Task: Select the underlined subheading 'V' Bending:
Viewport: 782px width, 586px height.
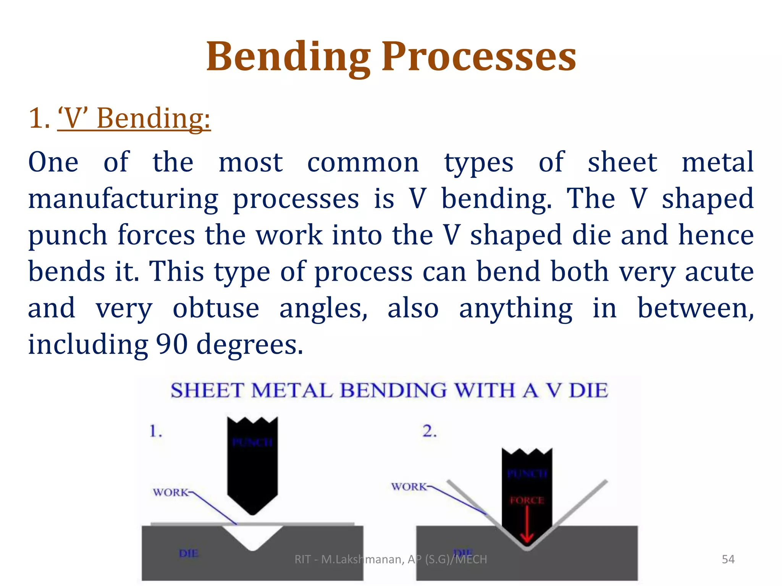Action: [x=134, y=118]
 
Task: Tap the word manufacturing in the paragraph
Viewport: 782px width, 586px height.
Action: [x=123, y=199]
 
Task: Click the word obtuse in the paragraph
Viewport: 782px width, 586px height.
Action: [x=216, y=308]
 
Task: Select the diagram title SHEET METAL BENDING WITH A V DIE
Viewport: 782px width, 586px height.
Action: [x=389, y=390]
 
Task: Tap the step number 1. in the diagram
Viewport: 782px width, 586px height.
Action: [x=156, y=431]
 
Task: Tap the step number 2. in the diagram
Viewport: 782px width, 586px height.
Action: [x=430, y=431]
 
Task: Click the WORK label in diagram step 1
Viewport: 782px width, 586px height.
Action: [x=171, y=493]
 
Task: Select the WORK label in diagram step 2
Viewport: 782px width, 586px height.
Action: [x=409, y=487]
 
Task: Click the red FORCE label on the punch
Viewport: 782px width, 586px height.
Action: [x=527, y=500]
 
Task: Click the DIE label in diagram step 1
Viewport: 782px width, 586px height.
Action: [x=189, y=553]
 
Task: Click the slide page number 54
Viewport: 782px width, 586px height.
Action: [x=728, y=559]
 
